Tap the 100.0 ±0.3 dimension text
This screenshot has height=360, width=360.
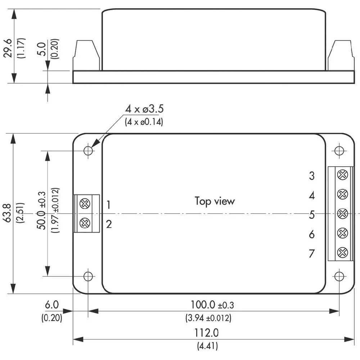[x=212, y=305]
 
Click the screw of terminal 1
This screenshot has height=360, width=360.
[x=85, y=204]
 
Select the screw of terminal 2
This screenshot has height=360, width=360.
[x=85, y=223]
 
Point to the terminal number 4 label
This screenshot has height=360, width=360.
[x=312, y=195]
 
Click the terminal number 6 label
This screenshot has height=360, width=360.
[x=312, y=234]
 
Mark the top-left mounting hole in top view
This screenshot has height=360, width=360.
[x=88, y=150]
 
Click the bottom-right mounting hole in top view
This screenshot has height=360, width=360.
[x=339, y=276]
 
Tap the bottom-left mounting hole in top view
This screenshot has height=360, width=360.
[x=88, y=276]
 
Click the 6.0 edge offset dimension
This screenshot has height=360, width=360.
[x=51, y=305]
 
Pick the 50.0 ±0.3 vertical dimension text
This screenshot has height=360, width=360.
[x=41, y=211]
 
